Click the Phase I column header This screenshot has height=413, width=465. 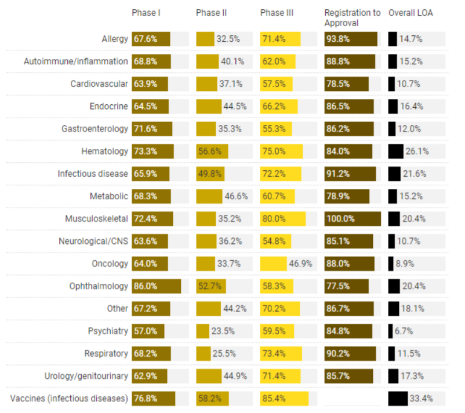(x=146, y=13)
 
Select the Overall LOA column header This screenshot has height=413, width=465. (x=410, y=13)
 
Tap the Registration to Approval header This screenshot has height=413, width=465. (x=353, y=18)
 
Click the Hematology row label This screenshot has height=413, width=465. (x=104, y=151)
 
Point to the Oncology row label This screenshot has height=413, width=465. (x=110, y=264)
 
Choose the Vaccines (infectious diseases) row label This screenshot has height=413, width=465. (x=69, y=399)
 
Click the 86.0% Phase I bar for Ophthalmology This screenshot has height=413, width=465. (x=157, y=286)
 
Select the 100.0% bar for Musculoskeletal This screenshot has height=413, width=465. (x=353, y=219)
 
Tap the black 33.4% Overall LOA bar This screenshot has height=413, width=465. (x=398, y=399)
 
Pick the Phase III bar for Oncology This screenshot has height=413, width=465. (x=274, y=264)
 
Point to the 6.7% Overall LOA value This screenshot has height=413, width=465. (x=405, y=331)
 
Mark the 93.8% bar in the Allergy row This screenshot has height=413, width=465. (x=351, y=39)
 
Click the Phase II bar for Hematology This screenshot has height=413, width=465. (x=212, y=151)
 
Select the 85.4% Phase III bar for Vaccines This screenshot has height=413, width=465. (x=284, y=399)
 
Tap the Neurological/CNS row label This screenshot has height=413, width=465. (x=93, y=241)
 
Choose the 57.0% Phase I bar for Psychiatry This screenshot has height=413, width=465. (x=148, y=331)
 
